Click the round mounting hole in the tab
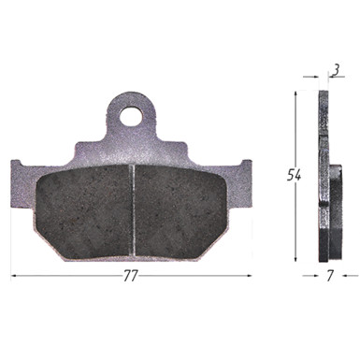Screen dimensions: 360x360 (x=131, y=116)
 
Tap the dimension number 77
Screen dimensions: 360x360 (x=131, y=276)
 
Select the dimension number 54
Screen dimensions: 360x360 (x=294, y=176)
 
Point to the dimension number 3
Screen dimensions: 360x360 (x=336, y=71)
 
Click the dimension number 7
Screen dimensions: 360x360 (x=330, y=276)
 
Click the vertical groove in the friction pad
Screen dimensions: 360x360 (x=132, y=210)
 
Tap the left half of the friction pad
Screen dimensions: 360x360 (x=83, y=212)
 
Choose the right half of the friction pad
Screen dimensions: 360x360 (x=181, y=212)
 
